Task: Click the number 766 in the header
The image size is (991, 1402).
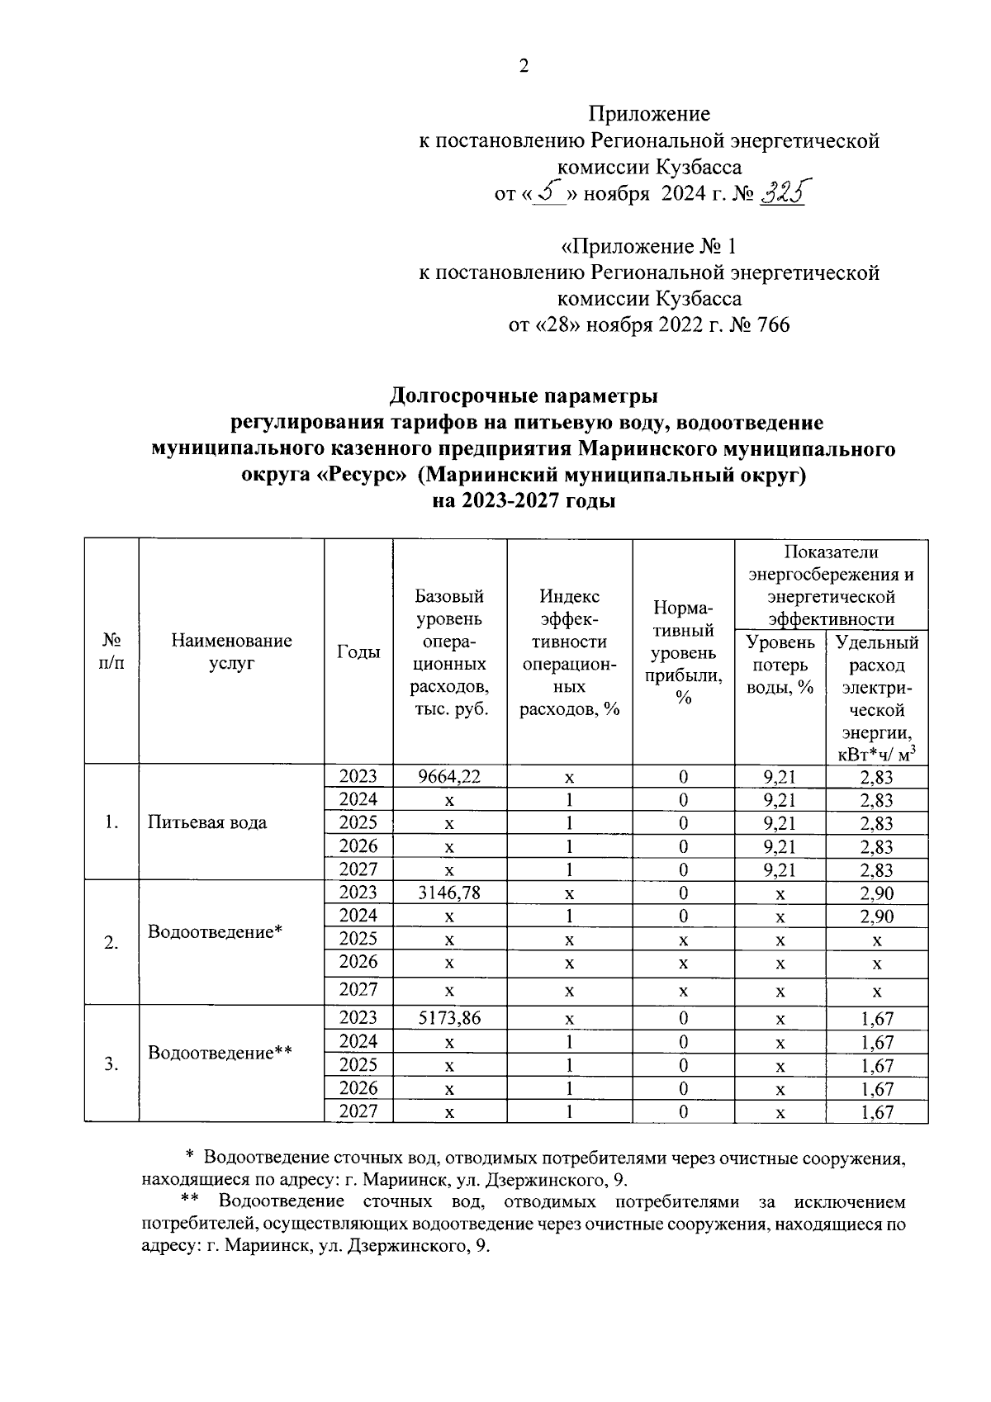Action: [771, 325]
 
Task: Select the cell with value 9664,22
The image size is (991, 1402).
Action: [449, 776]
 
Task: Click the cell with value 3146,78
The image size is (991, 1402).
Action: [449, 893]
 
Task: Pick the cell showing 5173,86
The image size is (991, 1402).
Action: [449, 1018]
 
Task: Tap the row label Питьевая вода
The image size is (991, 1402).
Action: [207, 822]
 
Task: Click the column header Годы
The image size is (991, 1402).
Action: [358, 651]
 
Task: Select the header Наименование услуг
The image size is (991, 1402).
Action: [231, 651]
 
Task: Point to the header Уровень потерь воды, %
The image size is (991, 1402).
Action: [780, 665]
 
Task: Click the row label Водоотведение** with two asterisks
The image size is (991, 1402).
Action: [220, 1053]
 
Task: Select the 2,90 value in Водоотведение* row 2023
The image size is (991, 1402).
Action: [876, 893]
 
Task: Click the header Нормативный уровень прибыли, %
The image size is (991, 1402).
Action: [683, 653]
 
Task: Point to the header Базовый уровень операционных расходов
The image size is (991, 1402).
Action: [449, 653]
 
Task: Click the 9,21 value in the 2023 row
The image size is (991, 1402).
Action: [780, 776]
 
